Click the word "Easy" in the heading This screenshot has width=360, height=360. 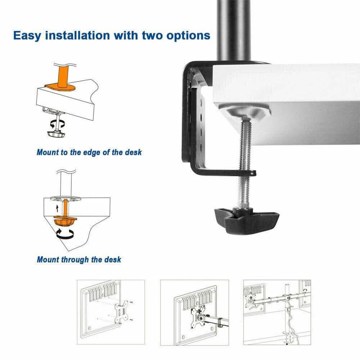[x=27, y=36]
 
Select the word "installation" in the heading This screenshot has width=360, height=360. [x=78, y=35]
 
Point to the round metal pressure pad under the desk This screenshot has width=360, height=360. [x=245, y=111]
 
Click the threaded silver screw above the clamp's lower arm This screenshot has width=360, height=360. [x=246, y=144]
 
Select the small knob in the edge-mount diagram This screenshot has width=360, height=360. [x=56, y=134]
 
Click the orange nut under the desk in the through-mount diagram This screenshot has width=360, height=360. [x=65, y=221]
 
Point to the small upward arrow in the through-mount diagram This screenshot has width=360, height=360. [x=57, y=208]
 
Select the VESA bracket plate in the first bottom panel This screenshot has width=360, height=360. [x=121, y=311]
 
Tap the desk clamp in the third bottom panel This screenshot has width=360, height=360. [x=290, y=337]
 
